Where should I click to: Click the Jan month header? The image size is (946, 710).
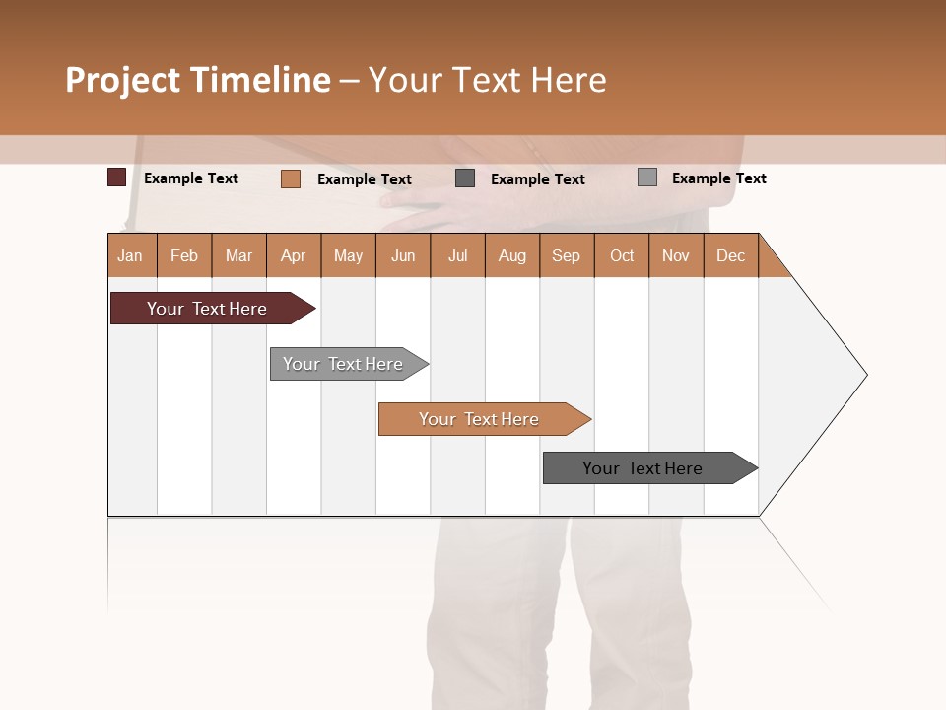click(x=130, y=255)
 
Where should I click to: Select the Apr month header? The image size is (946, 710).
click(x=293, y=255)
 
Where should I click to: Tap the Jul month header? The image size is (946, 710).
click(x=457, y=255)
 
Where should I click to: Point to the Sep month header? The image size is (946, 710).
click(x=566, y=255)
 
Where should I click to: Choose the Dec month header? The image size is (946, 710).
click(x=730, y=255)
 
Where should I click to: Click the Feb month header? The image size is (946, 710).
click(x=184, y=255)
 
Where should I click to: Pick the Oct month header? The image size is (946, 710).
click(x=622, y=255)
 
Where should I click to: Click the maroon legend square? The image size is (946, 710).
click(x=116, y=177)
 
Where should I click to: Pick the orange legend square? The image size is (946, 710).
click(x=290, y=178)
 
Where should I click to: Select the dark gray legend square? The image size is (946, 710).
click(x=465, y=178)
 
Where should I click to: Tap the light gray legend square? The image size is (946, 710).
click(x=646, y=177)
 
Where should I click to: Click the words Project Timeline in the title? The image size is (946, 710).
click(x=197, y=80)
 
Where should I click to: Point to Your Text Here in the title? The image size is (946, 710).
click(x=487, y=80)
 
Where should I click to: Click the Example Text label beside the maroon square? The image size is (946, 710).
click(x=191, y=178)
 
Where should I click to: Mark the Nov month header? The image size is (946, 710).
click(x=676, y=255)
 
